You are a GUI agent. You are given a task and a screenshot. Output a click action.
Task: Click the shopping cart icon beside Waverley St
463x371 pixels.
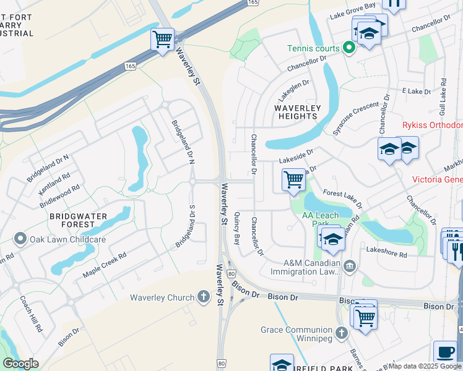pos(162,40)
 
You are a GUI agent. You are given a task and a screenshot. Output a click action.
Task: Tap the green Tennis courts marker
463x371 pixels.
pos(348,48)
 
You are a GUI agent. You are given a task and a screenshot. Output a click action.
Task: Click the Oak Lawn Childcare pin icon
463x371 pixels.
pos(20,239)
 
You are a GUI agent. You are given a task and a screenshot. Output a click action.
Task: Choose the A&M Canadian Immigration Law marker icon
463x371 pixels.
pos(350,266)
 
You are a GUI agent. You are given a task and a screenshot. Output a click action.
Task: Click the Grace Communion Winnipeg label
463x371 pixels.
pos(296,334)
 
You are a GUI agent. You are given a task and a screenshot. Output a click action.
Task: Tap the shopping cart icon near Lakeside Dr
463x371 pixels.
pos(293,180)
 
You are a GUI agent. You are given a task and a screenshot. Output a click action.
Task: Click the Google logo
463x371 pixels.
pos(20,364)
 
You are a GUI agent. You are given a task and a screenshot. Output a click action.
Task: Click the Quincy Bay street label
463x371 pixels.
pos(236,228)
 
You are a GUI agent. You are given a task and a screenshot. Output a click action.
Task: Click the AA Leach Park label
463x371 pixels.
pos(319,220)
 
